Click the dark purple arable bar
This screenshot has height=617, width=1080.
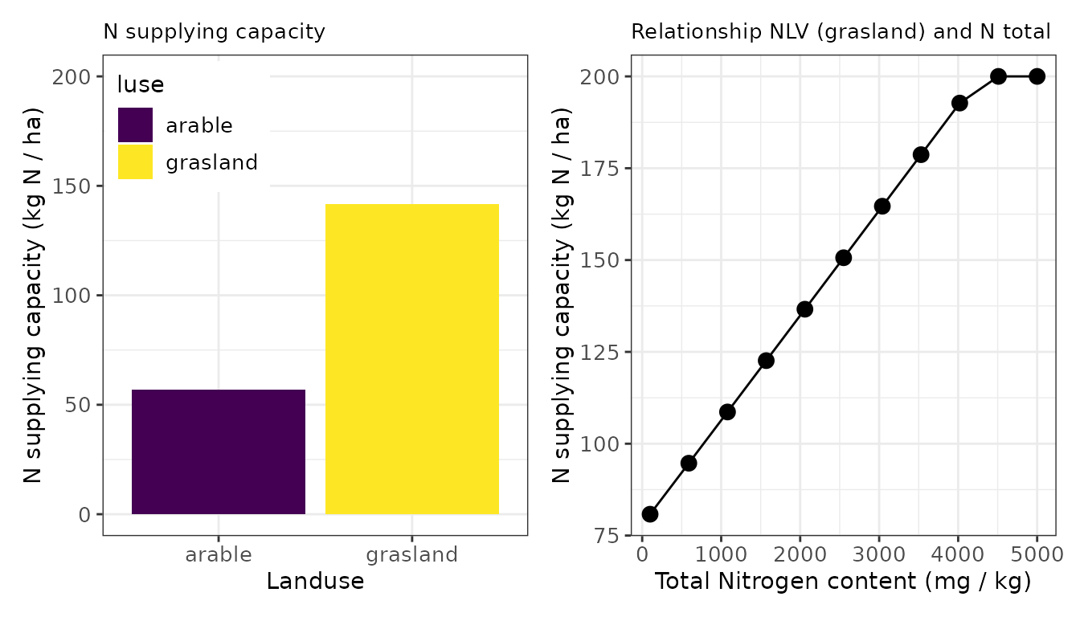(219, 452)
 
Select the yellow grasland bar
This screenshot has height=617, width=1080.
(412, 358)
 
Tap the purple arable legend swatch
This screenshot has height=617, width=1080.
(135, 125)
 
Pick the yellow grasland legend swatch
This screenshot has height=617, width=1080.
(135, 162)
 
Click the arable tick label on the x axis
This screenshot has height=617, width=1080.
(219, 555)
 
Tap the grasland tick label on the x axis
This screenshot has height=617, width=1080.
(412, 555)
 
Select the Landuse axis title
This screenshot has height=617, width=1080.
(315, 582)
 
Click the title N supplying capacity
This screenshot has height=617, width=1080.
(214, 32)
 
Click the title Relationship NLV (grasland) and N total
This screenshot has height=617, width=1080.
(841, 32)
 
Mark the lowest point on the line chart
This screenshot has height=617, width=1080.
(650, 514)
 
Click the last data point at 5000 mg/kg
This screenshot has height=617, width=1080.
(1037, 76)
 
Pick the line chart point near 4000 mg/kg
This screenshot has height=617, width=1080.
(959, 103)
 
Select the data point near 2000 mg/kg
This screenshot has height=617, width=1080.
(804, 309)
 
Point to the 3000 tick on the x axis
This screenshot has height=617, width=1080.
(879, 555)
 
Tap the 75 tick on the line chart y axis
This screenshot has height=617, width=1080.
(609, 536)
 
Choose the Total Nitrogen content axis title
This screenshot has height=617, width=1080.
(842, 582)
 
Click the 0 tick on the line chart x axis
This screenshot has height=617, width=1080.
(642, 555)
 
